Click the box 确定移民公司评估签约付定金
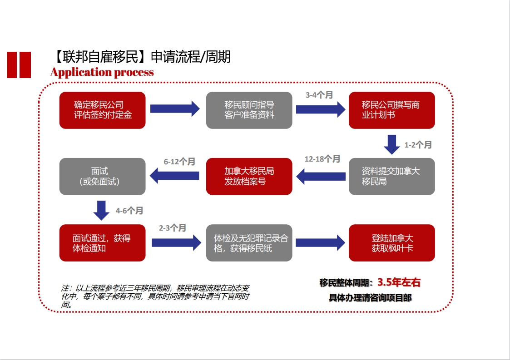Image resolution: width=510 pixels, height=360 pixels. point(102,110)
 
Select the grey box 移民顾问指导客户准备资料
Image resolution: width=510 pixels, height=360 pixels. point(249,110)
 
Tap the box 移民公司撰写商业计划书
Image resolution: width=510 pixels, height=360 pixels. point(391,110)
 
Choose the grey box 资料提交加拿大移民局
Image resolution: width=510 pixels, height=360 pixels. point(391,177)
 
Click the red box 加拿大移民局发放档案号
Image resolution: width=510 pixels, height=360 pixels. point(249,177)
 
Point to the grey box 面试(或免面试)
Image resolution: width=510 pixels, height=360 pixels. point(102,177)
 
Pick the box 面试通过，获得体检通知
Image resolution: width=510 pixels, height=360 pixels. point(102,243)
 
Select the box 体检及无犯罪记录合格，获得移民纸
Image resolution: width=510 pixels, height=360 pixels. point(249,243)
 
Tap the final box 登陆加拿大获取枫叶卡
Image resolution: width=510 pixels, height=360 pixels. point(391,243)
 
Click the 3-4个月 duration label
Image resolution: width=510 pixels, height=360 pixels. point(319,95)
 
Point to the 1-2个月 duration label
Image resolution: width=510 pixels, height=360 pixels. point(418,145)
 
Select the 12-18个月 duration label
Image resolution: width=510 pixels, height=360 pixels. point(322,159)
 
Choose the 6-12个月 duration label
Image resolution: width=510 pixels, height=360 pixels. point(179,162)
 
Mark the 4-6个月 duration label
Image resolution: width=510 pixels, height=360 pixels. point(129,211)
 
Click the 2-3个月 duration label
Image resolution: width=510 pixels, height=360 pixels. point(173,228)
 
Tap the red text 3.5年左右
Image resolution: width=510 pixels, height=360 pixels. point(399,282)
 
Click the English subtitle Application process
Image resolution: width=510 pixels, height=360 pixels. point(102,72)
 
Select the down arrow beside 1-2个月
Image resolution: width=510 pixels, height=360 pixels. point(392,144)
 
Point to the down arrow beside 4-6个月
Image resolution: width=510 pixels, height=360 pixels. point(101,210)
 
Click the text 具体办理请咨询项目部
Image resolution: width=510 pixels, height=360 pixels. point(371,298)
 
